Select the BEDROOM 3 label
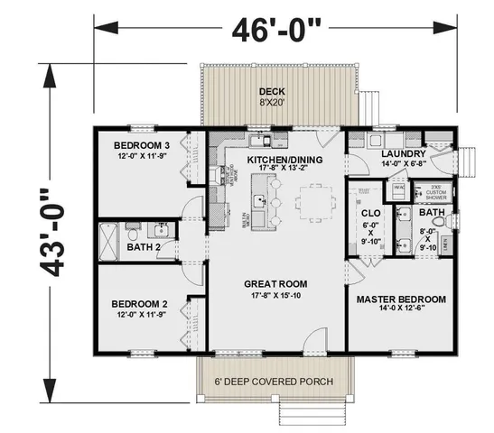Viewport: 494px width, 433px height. point(142,145)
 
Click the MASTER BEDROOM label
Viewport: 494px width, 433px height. point(400,299)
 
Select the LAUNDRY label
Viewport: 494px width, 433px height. point(395,154)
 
